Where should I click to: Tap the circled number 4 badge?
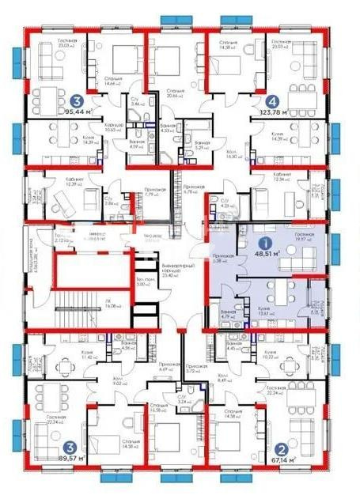pos(272,100)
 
